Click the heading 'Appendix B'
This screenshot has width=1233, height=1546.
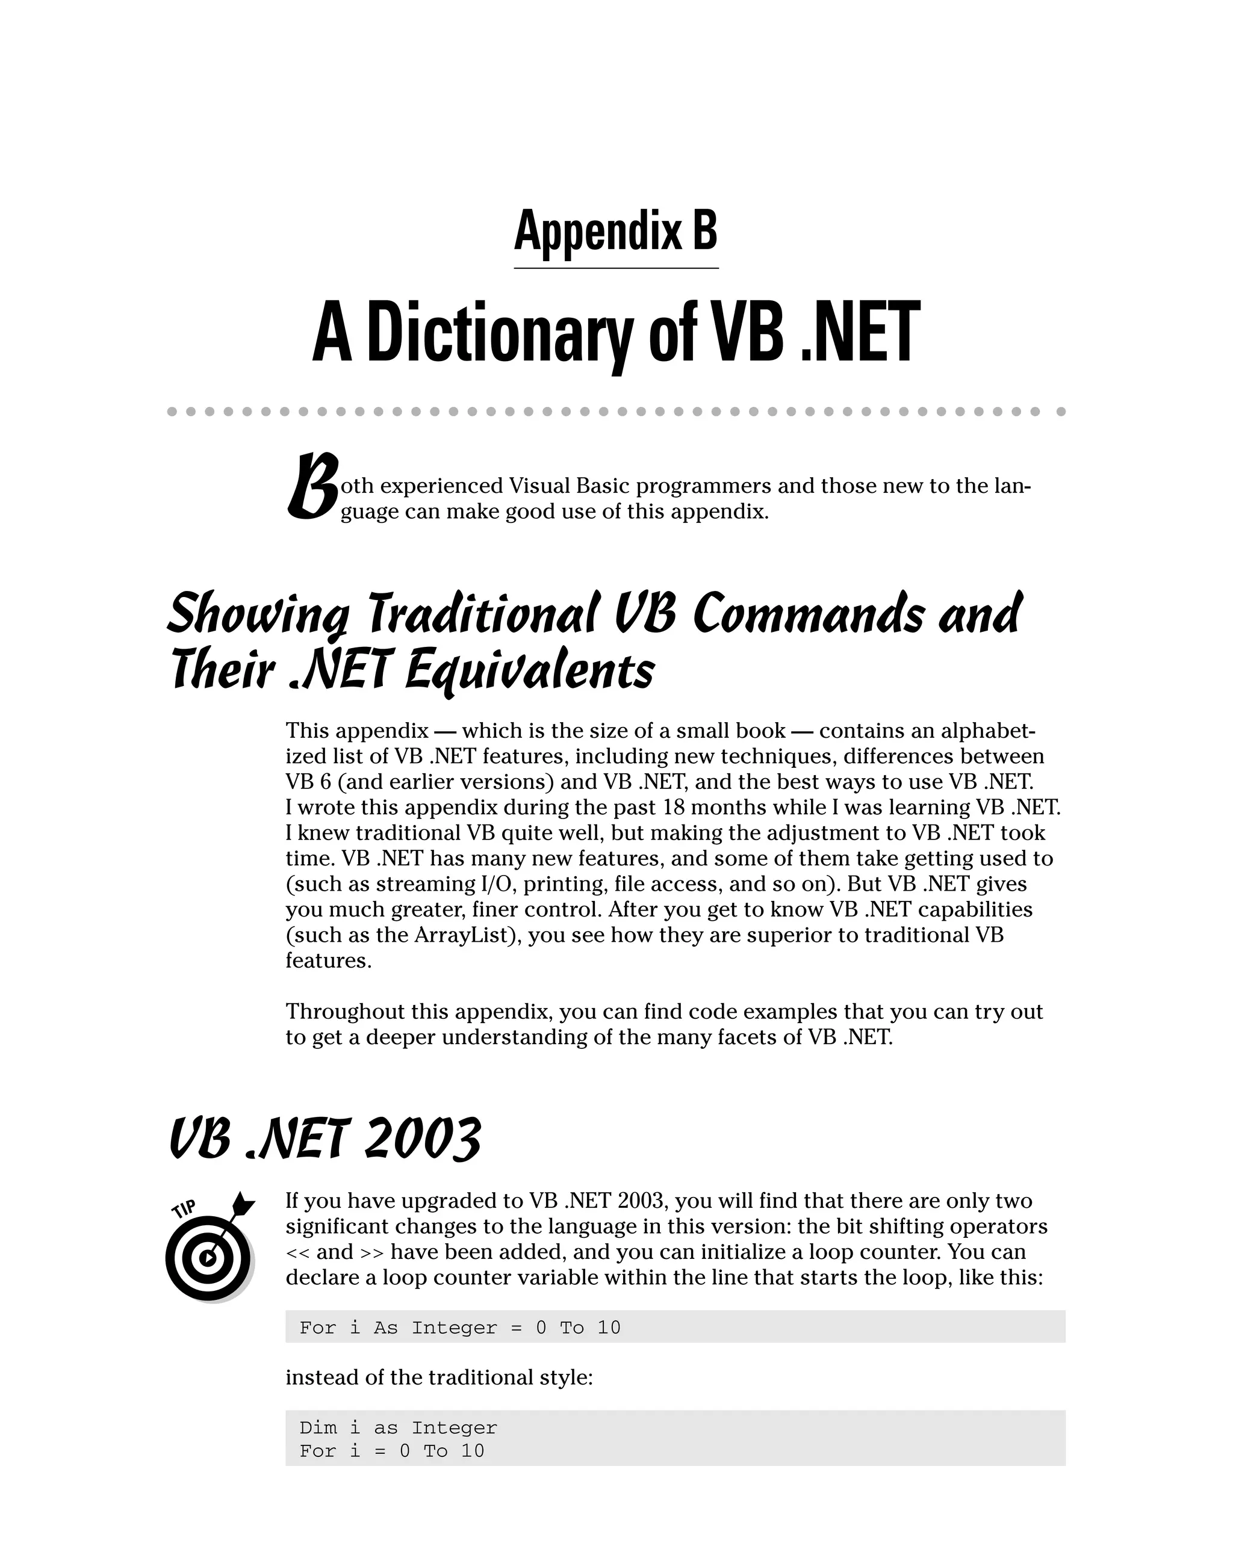coord(615,231)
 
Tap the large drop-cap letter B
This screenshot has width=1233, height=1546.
coord(312,487)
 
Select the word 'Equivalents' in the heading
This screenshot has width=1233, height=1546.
coord(529,672)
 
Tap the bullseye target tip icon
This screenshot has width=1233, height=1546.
coord(208,1258)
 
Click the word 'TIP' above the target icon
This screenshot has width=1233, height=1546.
coord(184,1210)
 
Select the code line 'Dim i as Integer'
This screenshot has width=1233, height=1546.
coord(398,1427)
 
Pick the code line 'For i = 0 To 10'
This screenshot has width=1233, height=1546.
coord(391,1451)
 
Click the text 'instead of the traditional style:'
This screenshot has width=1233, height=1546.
coord(439,1377)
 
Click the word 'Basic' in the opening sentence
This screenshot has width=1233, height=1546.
coord(603,486)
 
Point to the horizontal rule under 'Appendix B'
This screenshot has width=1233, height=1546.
coord(615,268)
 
